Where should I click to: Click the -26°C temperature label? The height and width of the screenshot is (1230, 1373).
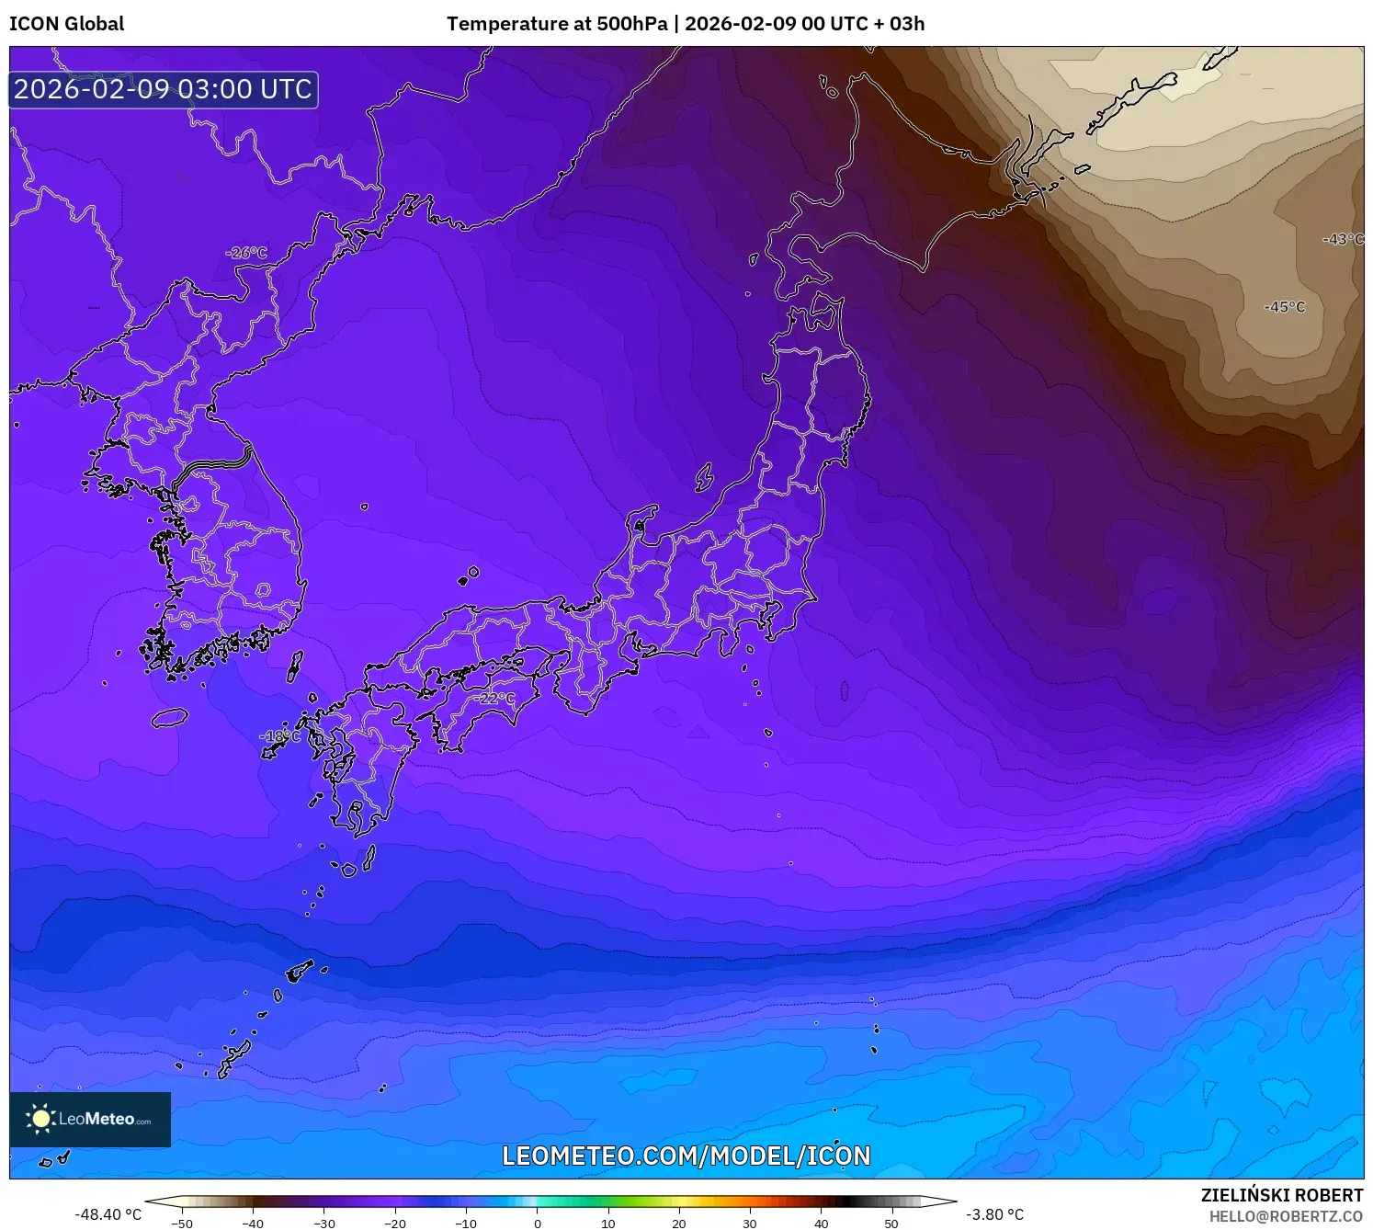point(246,253)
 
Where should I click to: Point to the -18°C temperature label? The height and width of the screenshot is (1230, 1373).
point(279,736)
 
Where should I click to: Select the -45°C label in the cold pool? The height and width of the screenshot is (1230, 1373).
point(1284,307)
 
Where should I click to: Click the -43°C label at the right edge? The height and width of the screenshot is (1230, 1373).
point(1343,239)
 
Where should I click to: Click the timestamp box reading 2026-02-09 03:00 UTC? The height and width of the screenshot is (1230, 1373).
point(164,89)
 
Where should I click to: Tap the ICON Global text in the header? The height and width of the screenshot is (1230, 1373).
point(66,24)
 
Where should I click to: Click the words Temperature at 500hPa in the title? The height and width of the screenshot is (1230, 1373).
point(557,24)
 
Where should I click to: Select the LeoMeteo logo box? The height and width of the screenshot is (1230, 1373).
point(90,1119)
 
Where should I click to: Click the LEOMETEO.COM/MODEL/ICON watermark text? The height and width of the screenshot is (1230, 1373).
point(686,1156)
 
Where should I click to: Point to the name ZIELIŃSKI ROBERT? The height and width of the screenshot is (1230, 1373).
point(1281,1195)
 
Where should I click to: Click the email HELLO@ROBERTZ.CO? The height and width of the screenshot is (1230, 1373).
point(1286,1216)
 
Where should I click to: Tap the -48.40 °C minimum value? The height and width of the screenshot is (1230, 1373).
point(108,1214)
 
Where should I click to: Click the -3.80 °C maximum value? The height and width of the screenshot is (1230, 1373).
point(994,1214)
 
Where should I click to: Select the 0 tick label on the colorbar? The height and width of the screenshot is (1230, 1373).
point(538,1224)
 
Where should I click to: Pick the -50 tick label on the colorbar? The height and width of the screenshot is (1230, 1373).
point(182,1224)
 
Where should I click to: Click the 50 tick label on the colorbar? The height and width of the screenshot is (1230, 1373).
point(891,1224)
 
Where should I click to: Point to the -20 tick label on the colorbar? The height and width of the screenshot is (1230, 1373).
point(394,1224)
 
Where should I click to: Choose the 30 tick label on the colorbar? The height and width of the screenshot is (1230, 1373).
point(750,1224)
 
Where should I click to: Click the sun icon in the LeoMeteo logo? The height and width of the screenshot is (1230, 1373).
point(40,1119)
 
